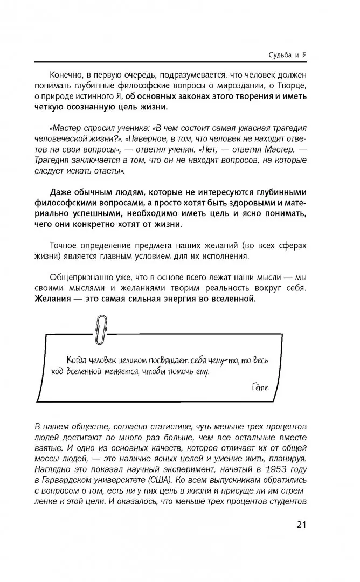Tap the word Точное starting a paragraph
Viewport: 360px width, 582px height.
click(64, 245)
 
